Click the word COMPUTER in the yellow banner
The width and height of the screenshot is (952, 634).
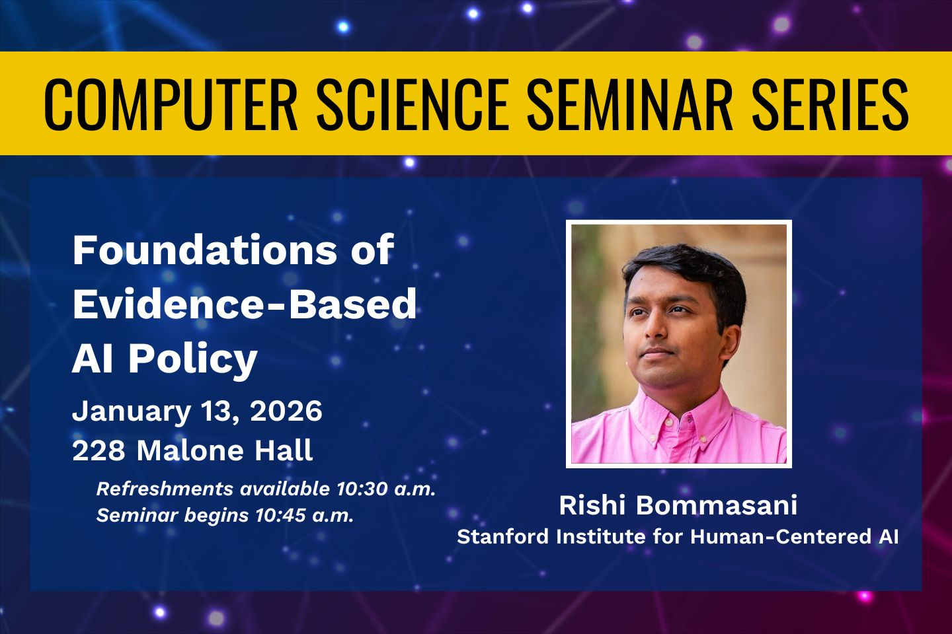[171, 104]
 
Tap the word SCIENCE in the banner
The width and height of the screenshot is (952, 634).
[413, 104]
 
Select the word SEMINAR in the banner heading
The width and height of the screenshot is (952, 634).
[630, 104]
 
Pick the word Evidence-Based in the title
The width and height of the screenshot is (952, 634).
[245, 304]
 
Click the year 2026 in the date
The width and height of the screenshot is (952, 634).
[286, 411]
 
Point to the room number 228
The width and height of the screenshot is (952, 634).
[99, 450]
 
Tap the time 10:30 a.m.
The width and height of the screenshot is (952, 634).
[386, 489]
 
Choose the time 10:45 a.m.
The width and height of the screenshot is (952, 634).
[304, 515]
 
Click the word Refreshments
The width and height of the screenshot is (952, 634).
[165, 489]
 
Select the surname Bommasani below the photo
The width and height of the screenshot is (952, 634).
[716, 505]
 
